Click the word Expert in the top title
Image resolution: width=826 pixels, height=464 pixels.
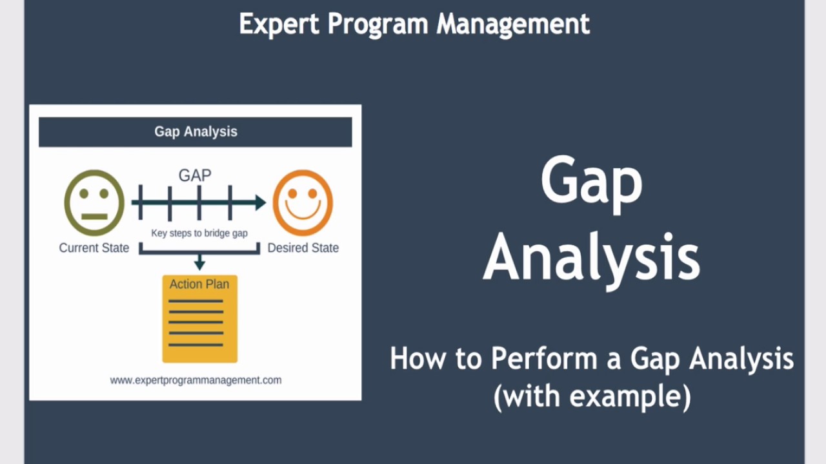click(x=279, y=24)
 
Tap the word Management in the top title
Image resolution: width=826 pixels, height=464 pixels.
click(x=513, y=24)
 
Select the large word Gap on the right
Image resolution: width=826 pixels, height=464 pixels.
click(x=591, y=182)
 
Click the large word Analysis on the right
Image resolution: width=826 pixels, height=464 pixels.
click(x=591, y=257)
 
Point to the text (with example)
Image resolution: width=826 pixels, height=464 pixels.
click(x=592, y=395)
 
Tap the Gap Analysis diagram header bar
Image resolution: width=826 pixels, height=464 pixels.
click(x=196, y=131)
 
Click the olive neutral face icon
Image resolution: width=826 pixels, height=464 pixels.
click(x=94, y=203)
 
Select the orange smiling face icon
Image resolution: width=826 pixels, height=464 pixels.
click(x=303, y=203)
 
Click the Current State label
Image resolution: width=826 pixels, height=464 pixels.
click(x=94, y=248)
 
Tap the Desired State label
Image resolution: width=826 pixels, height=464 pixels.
click(x=303, y=248)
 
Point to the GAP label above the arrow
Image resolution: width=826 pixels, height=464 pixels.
click(x=195, y=175)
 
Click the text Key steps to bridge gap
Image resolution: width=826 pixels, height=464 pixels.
click(x=199, y=233)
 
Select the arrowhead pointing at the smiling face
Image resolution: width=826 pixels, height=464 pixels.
click(x=260, y=203)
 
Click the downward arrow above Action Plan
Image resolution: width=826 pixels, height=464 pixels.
click(x=199, y=263)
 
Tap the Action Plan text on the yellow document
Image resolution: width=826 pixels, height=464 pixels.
click(x=199, y=284)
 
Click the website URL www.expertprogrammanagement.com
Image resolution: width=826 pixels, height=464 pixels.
click(x=196, y=380)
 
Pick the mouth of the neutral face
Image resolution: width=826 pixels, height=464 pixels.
click(x=94, y=217)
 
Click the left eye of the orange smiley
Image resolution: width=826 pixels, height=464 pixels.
click(x=292, y=193)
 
